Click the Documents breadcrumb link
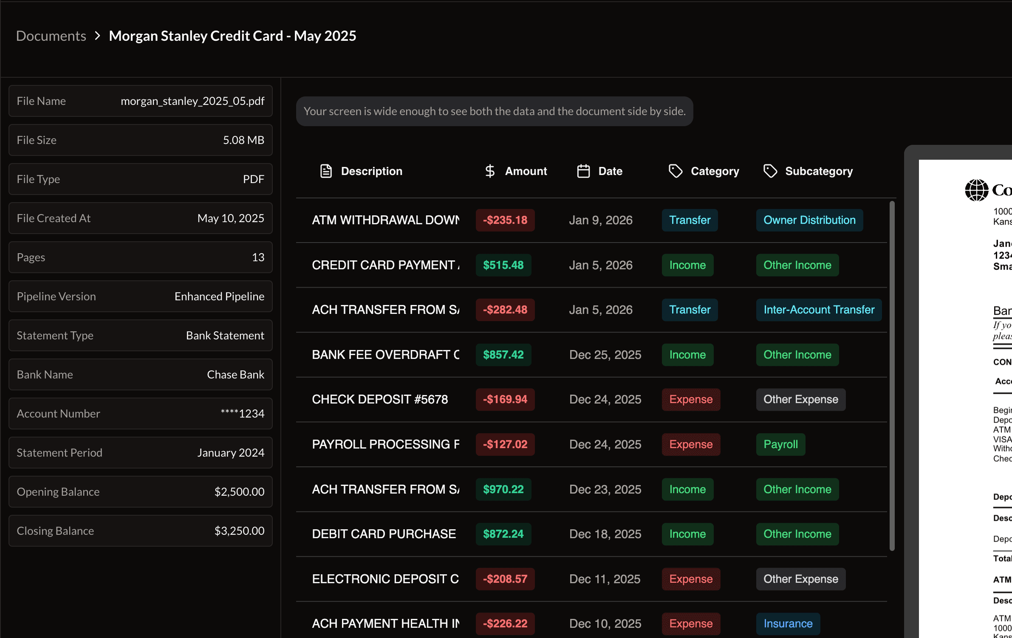click(51, 36)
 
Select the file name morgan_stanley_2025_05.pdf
click(192, 101)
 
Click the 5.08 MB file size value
click(243, 140)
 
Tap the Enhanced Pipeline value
click(219, 296)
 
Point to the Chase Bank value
click(235, 375)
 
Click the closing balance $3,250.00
click(239, 531)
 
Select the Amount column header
click(526, 171)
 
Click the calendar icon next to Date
click(583, 171)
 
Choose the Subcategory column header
click(818, 171)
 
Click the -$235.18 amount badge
click(505, 220)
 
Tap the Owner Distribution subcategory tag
click(809, 220)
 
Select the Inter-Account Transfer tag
click(818, 310)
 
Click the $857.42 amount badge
click(503, 355)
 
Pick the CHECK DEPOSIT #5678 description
click(380, 399)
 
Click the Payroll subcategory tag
click(780, 444)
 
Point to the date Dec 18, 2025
click(605, 534)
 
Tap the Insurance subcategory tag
click(788, 624)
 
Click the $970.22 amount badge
click(503, 489)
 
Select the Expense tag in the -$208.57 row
click(690, 579)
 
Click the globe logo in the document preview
click(976, 190)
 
